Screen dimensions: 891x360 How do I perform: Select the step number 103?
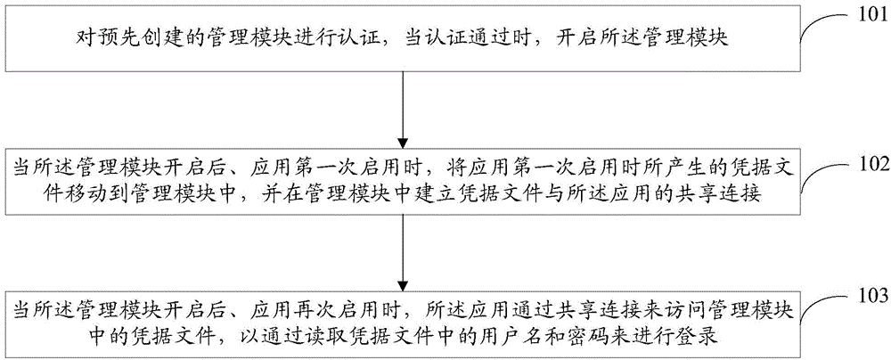point(870,296)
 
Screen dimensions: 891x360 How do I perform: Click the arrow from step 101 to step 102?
point(403,109)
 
